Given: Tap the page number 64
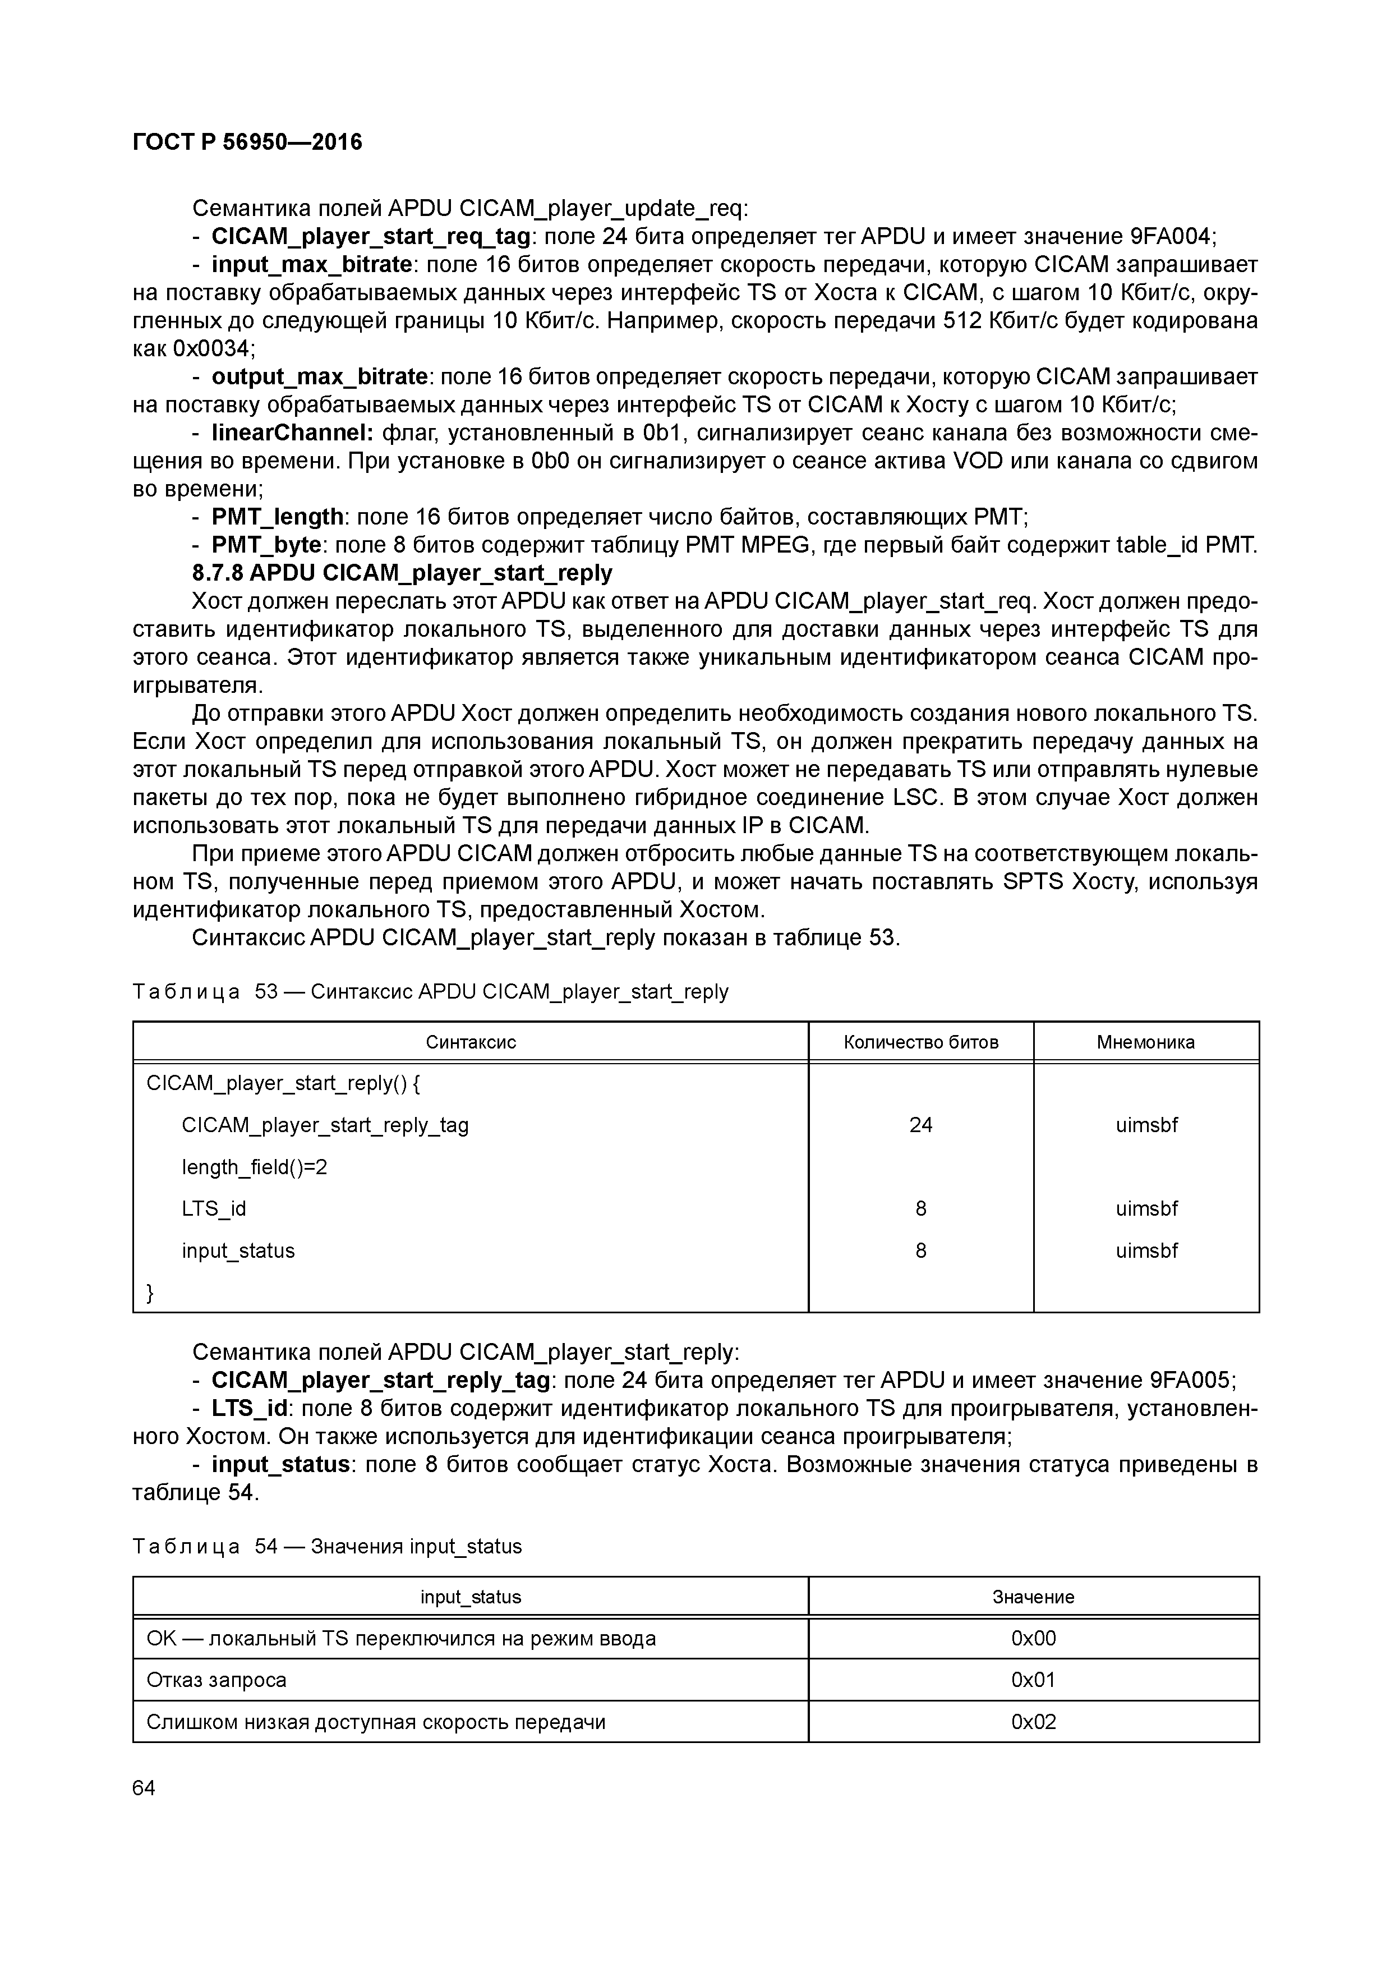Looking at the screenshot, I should [144, 1788].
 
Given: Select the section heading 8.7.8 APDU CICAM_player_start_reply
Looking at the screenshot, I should [402, 573].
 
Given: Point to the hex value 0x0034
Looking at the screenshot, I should [213, 349].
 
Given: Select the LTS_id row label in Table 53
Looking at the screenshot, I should [213, 1208].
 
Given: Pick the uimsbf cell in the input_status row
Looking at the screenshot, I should [1146, 1250].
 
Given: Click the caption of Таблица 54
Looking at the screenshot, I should [326, 1546].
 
